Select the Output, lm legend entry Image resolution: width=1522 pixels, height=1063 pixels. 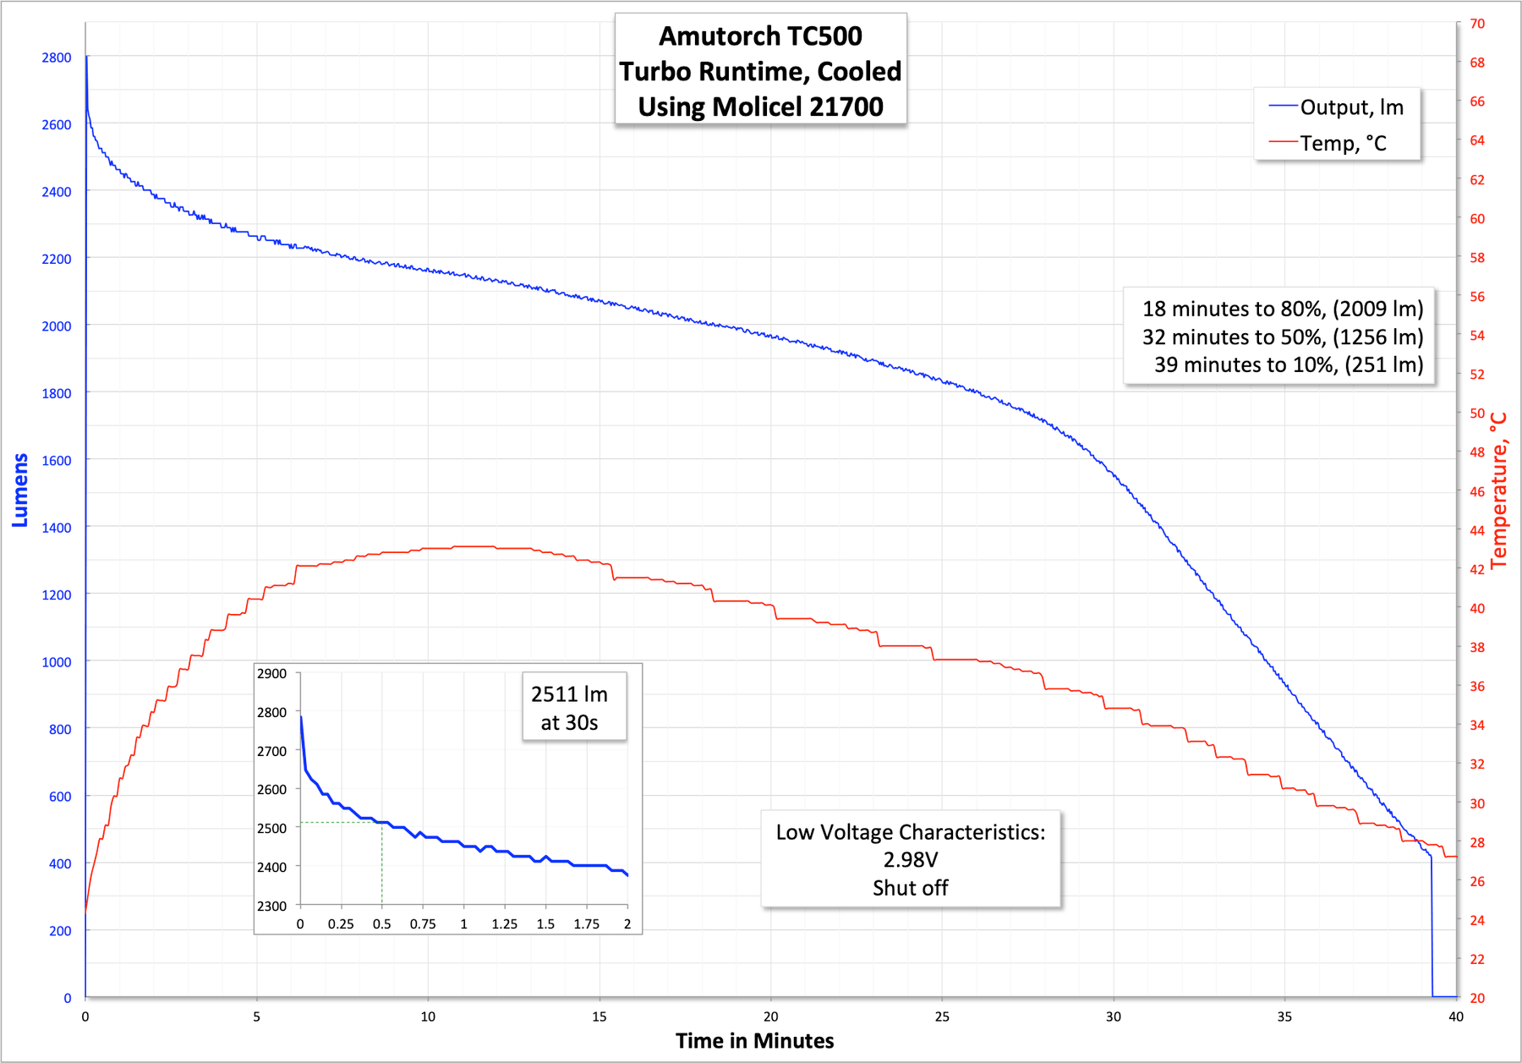click(x=1351, y=107)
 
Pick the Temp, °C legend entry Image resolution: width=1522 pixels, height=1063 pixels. click(x=1343, y=144)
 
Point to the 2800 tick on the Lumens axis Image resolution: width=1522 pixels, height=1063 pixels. click(x=57, y=58)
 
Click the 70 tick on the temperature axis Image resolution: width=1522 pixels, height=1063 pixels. click(x=1476, y=24)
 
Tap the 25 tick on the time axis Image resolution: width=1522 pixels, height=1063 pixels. click(x=942, y=1016)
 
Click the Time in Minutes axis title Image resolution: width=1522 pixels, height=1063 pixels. click(x=754, y=1041)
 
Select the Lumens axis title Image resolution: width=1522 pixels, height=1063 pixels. click(x=20, y=490)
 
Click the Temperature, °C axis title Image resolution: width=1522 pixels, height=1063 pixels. click(x=1499, y=490)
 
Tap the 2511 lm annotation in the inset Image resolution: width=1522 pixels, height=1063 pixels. click(x=569, y=694)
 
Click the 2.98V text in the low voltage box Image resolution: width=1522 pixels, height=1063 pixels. click(x=910, y=860)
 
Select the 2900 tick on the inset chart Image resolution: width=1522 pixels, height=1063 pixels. click(x=272, y=674)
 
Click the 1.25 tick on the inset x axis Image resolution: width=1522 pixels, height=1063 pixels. click(x=504, y=924)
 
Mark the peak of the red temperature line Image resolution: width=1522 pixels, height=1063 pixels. click(x=474, y=546)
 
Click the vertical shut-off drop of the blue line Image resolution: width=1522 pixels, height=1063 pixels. click(x=1432, y=930)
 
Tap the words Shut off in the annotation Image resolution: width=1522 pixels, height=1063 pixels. click(x=910, y=888)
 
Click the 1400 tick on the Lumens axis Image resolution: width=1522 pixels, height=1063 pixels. click(x=57, y=528)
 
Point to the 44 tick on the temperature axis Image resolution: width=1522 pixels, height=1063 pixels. click(x=1476, y=530)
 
